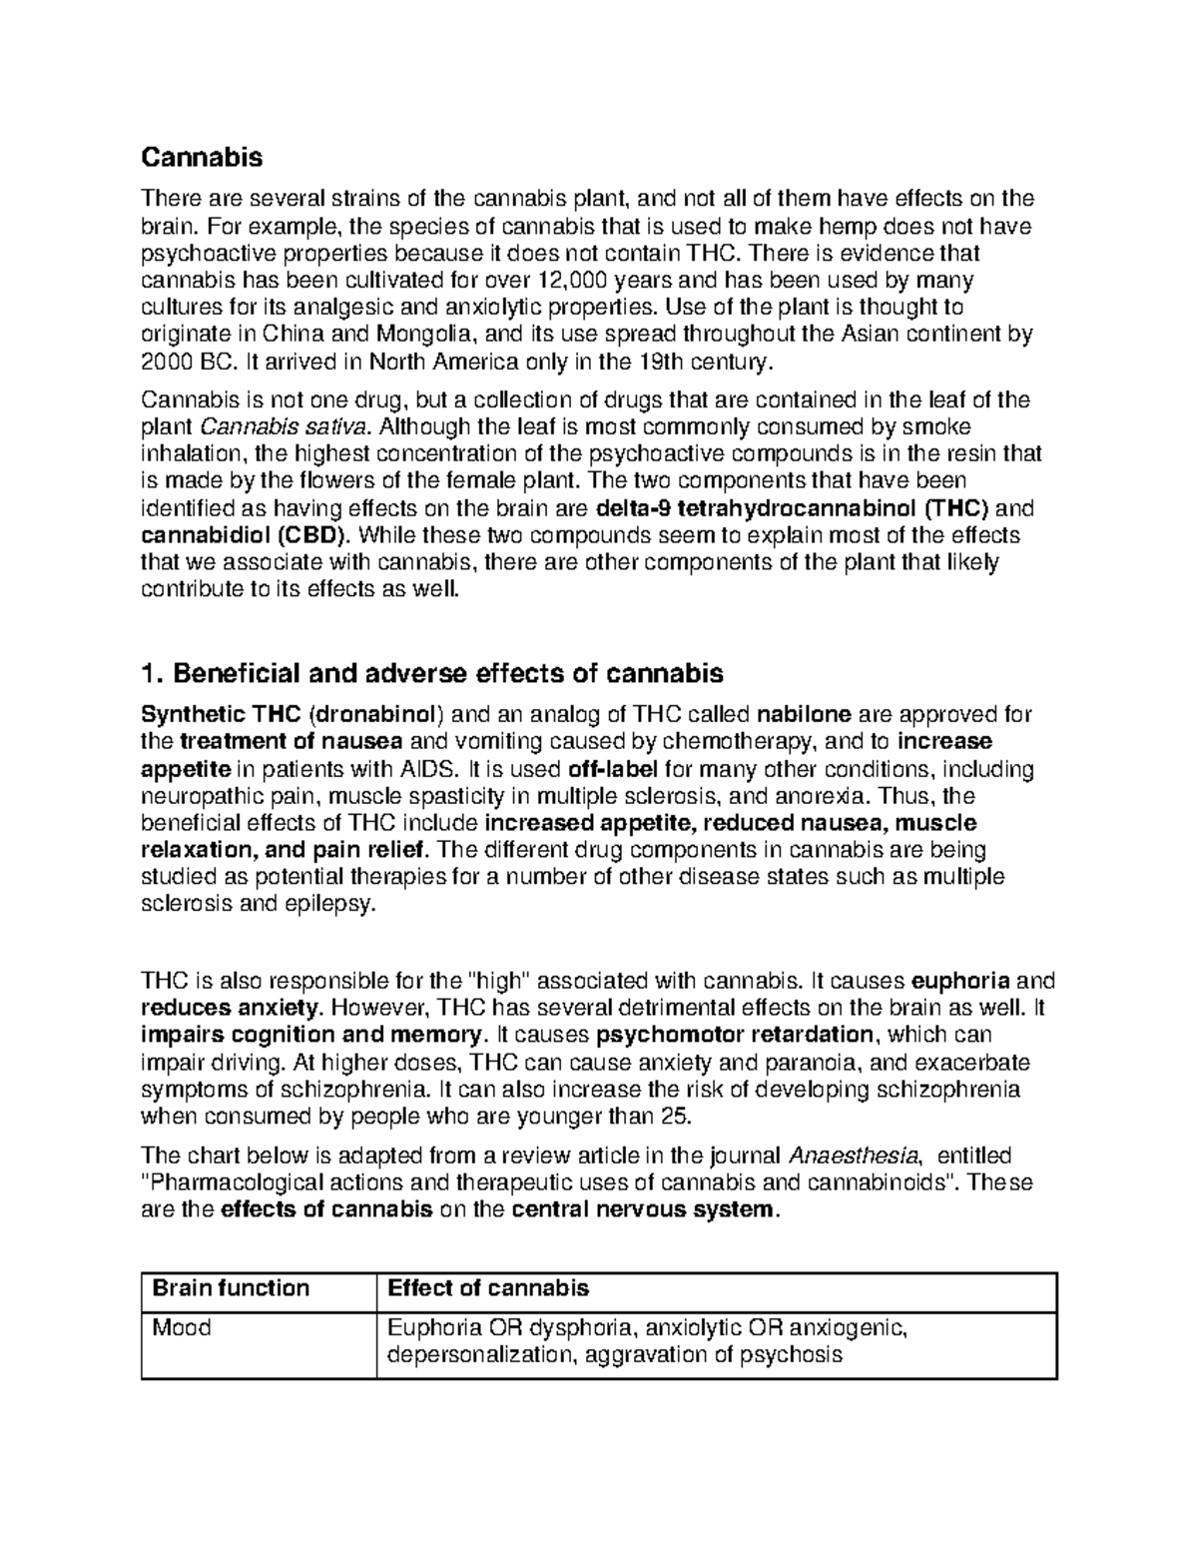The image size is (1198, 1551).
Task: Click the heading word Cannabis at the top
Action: click(x=202, y=157)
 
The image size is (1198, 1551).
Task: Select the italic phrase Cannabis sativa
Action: click(x=294, y=427)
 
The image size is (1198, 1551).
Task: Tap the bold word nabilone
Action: click(x=805, y=715)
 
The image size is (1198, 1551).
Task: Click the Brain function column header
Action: click(x=230, y=1288)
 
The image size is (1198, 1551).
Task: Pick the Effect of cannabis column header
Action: click(x=487, y=1288)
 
